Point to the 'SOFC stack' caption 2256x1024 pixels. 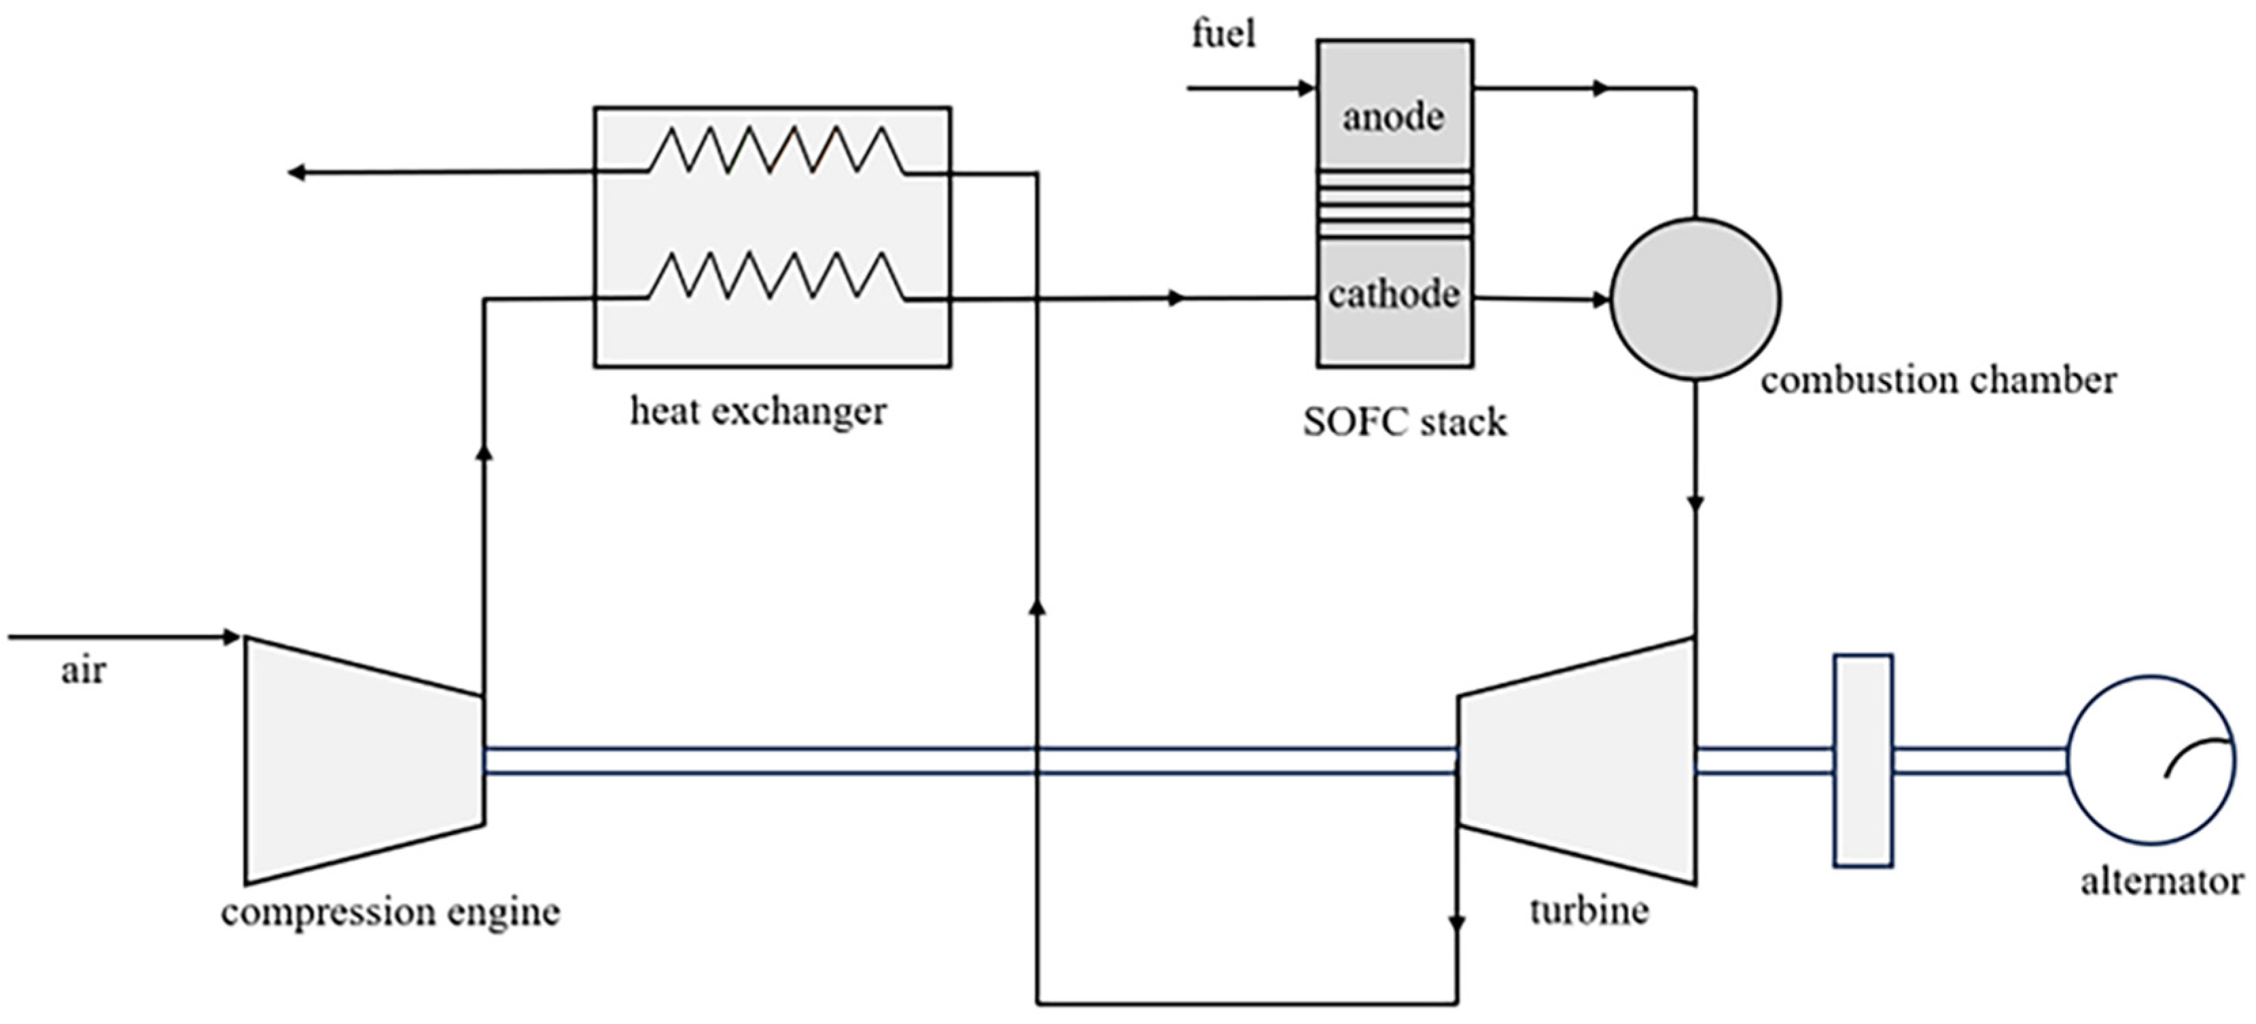pos(1405,422)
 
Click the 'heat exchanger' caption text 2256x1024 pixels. pos(758,411)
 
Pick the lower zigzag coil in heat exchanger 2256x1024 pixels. pos(776,276)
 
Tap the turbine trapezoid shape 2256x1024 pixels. pos(1576,760)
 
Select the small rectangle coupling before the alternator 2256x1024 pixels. pos(1863,760)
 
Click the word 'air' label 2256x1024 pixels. pos(83,671)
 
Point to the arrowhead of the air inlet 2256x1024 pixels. pos(232,637)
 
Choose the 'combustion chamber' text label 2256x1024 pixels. pos(1938,380)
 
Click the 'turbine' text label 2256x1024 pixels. pos(1589,911)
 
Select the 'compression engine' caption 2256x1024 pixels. pos(391,912)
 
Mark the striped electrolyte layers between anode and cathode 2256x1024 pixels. pos(1394,204)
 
